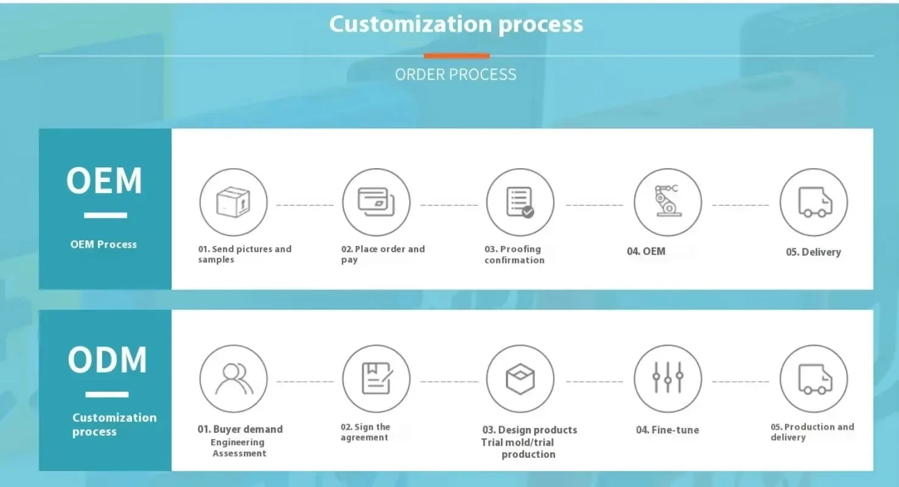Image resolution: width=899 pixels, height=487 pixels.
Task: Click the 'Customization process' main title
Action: point(456,24)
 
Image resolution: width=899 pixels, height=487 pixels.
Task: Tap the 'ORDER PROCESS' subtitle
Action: point(455,75)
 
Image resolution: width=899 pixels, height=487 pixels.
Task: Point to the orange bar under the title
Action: point(456,56)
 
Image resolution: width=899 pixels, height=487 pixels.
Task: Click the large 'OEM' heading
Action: point(104,181)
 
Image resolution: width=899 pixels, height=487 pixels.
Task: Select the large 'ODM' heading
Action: point(107,360)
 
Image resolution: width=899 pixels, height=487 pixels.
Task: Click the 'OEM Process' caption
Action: point(103,245)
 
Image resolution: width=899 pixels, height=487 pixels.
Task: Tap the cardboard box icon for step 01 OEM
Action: point(233,202)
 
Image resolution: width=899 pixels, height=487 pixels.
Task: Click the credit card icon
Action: point(376,201)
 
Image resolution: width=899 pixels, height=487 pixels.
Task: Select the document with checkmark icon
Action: point(520,202)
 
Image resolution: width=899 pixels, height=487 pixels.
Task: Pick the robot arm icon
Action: point(667,201)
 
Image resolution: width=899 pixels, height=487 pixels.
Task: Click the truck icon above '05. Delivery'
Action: point(815,202)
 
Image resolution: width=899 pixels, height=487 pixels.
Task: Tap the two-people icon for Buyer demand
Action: point(234,379)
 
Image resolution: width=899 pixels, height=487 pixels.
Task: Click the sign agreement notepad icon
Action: point(377,378)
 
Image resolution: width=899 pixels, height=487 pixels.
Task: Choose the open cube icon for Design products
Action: point(520,379)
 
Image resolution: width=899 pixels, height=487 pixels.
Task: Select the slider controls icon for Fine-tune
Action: point(668,377)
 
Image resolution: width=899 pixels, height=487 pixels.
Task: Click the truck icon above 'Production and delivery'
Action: point(815,379)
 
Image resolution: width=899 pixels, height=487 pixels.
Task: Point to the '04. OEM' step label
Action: point(646,251)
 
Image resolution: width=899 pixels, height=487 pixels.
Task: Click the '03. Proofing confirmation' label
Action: point(514,254)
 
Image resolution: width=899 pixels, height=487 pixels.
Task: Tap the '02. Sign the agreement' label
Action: point(365,432)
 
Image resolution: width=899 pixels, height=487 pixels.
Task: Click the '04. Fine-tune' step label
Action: point(668,430)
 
